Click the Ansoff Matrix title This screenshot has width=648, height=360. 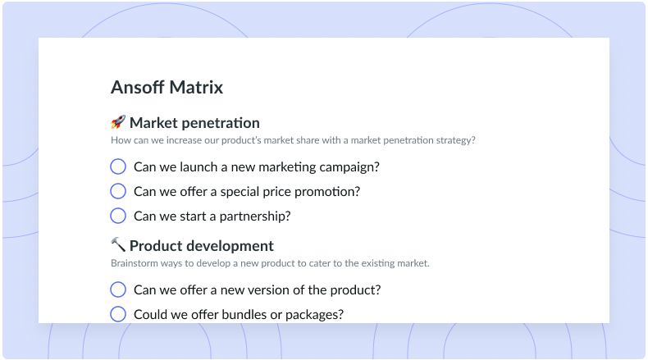pos(167,87)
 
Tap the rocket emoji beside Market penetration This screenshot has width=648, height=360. pos(118,122)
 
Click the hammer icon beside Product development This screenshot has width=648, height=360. pos(118,244)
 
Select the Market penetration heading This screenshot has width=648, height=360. pos(194,123)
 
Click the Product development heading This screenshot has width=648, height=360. pos(202,246)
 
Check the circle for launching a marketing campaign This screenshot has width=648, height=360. pos(118,166)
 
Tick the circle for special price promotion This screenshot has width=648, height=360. pos(118,191)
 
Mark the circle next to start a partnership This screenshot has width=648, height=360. pos(118,216)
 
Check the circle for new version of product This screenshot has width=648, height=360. pos(118,289)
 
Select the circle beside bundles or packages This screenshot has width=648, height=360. pos(118,314)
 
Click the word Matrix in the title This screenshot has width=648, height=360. pos(196,87)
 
